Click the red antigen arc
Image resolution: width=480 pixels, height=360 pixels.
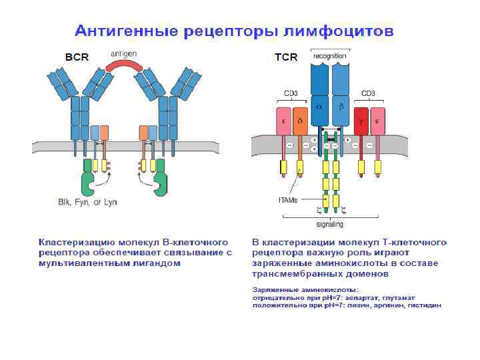coord(124,65)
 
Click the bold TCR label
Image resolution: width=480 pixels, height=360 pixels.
coord(286,58)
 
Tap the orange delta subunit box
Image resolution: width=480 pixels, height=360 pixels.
coord(300,121)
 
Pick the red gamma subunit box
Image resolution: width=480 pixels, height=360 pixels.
coord(361,121)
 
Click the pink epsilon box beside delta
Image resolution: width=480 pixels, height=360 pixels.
coord(283,121)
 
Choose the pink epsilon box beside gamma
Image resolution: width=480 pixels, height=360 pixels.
coord(378,121)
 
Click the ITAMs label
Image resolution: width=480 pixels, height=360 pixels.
coord(288,200)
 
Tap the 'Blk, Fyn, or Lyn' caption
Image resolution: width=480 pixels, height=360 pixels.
coord(87,202)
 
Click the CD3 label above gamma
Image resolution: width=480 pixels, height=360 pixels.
coord(369,93)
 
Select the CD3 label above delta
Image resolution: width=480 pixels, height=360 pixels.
coord(292,93)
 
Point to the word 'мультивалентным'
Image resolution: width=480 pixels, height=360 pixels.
coord(74,263)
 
